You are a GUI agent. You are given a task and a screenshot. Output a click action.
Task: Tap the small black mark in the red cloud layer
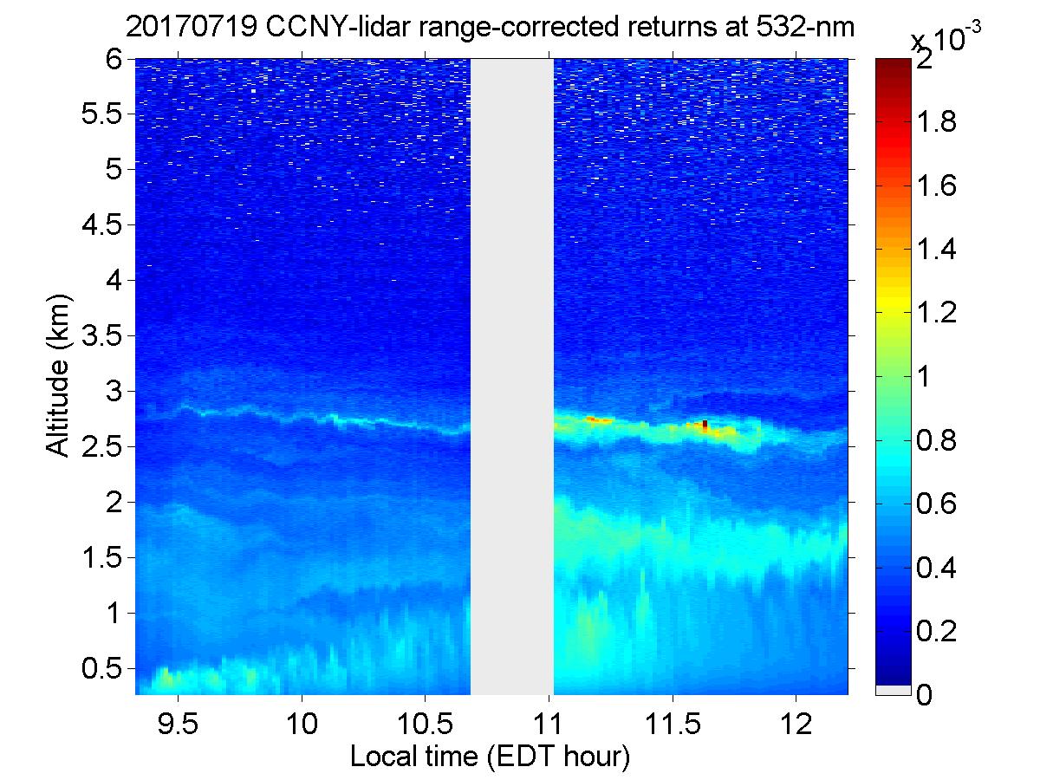pos(705,423)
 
